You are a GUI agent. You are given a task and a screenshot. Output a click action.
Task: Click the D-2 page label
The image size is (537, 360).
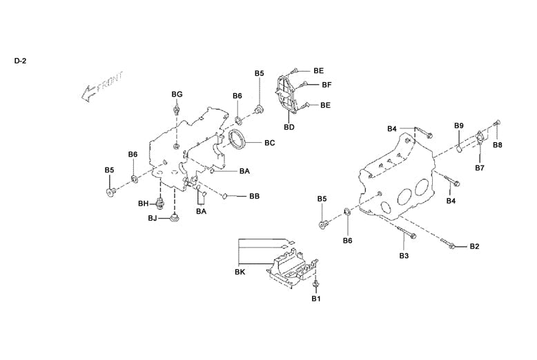[19, 61]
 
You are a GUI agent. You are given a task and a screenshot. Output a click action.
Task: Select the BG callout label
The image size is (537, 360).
[177, 94]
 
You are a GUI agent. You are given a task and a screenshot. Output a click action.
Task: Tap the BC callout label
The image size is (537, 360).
[269, 143]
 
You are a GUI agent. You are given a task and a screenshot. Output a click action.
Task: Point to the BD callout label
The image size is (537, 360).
[289, 127]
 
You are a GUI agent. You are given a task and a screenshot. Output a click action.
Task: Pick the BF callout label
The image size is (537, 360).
[326, 85]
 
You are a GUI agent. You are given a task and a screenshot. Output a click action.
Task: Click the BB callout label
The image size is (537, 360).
[254, 197]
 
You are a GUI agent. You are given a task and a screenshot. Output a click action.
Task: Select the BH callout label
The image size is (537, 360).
[144, 203]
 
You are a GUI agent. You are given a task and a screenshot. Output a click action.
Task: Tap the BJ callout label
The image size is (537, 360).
[153, 219]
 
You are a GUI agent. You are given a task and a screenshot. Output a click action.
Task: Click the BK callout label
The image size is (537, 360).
[240, 273]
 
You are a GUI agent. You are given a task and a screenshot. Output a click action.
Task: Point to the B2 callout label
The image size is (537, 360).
[474, 246]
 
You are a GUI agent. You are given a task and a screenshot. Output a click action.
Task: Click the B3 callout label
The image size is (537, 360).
[404, 256]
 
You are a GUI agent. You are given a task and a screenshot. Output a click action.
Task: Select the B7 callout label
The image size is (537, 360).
[480, 167]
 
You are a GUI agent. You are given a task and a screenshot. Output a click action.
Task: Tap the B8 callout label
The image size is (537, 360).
[497, 146]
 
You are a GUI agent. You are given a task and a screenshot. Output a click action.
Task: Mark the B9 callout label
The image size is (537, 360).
[458, 126]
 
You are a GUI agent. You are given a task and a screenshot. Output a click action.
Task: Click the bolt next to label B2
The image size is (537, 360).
[451, 245]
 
